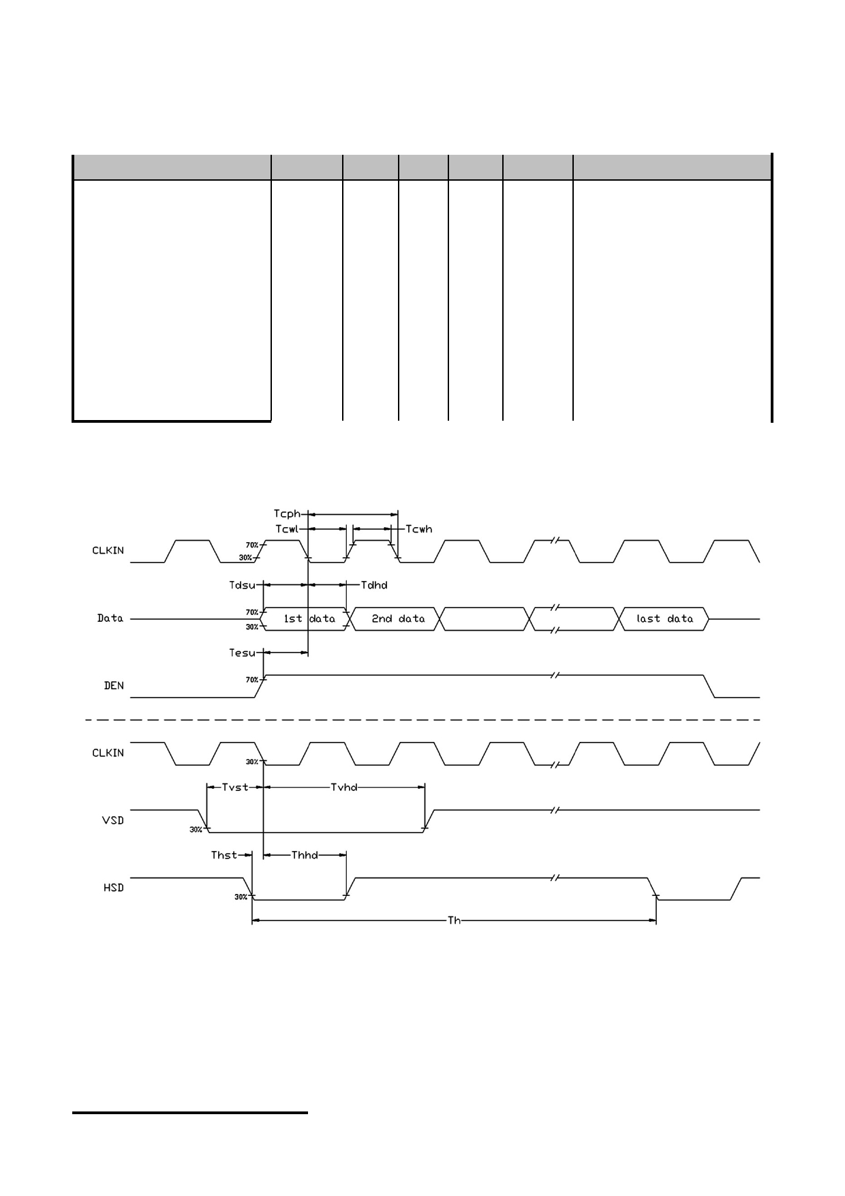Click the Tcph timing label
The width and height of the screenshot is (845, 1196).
[287, 514]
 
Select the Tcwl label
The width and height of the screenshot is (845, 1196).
[287, 529]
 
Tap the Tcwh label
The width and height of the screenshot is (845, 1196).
[419, 529]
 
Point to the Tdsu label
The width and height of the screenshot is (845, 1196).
[242, 585]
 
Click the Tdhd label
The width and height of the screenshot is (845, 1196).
[374, 585]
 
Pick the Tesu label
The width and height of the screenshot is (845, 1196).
[242, 653]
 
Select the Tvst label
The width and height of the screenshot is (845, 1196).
[235, 787]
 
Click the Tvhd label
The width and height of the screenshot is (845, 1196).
[344, 787]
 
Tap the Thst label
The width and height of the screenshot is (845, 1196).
[224, 855]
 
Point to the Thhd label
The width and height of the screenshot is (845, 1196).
[305, 855]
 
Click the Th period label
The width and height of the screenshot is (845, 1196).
[454, 921]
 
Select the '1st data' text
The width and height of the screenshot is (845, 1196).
[309, 618]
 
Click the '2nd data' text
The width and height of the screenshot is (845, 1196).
[398, 618]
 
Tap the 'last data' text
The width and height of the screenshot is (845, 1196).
[665, 618]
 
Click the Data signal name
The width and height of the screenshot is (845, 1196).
[110, 618]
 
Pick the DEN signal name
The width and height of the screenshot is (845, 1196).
[114, 686]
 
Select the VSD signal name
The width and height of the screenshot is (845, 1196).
[114, 820]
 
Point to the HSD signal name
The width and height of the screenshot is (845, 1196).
[114, 888]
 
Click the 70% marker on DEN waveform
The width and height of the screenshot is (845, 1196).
[252, 680]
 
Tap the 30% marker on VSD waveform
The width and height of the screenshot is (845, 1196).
[196, 830]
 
